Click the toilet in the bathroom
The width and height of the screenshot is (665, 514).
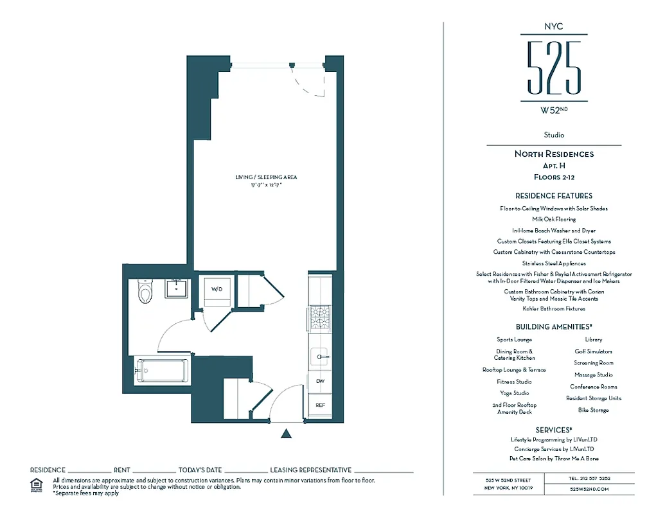[x=145, y=292]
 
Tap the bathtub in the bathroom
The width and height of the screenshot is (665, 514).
[x=162, y=371]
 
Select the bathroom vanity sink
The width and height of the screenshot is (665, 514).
[x=175, y=288]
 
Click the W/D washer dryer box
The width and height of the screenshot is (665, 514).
[x=217, y=289]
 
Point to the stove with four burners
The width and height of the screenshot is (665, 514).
[x=319, y=317]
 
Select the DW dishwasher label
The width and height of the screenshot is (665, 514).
[x=320, y=382]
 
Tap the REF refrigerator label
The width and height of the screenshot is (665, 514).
[x=320, y=405]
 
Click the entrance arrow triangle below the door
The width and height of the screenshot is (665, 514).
[x=287, y=434]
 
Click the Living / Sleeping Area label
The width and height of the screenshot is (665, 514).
[x=266, y=177]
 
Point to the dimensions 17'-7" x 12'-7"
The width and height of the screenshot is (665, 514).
[x=266, y=185]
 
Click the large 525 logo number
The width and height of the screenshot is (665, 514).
[x=554, y=67]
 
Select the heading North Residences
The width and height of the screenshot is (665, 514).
[x=554, y=154]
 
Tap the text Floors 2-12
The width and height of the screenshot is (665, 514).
[x=554, y=177]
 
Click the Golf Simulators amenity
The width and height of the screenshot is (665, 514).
[x=593, y=351]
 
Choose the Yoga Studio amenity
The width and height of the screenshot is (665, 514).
[x=514, y=393]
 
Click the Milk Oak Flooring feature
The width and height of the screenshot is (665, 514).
[x=554, y=219]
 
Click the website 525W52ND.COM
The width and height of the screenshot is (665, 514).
[x=589, y=489]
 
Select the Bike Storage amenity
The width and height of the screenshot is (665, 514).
[x=593, y=410]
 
